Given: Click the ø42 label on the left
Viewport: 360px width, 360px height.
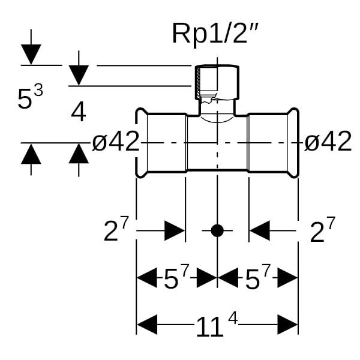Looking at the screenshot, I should (116, 142).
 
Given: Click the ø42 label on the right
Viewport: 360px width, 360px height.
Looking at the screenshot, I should (328, 142).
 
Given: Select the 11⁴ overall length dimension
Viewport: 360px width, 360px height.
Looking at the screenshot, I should (217, 326).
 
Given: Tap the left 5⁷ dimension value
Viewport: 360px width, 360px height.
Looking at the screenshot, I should (176, 278).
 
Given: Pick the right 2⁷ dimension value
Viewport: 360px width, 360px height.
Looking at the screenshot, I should (322, 231).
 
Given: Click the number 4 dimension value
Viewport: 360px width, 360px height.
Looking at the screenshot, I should (79, 112).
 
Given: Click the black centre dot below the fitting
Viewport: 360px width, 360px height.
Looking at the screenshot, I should (217, 230).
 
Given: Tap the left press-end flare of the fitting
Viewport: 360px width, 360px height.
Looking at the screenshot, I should (142, 142).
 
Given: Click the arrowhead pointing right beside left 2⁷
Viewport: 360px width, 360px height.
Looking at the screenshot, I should (175, 230).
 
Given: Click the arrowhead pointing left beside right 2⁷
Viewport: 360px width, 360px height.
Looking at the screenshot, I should (260, 230).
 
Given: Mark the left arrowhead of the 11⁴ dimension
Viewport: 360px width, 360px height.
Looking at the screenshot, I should (148, 326).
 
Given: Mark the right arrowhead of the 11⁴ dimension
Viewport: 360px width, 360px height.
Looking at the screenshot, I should (288, 326).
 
